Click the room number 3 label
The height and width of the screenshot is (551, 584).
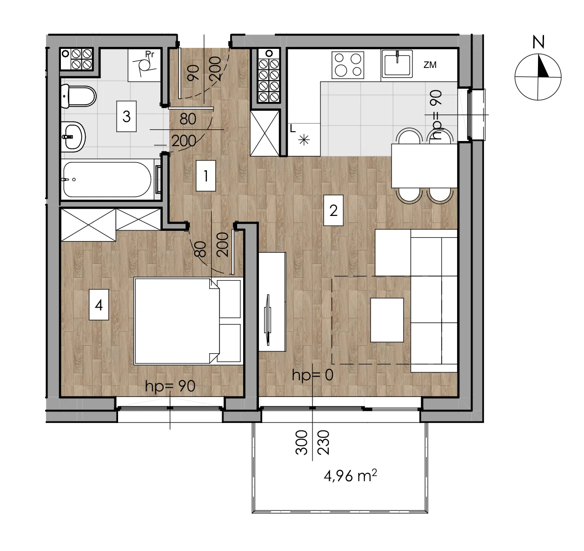pos(126,116)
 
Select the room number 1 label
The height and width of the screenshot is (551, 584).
pos(206,176)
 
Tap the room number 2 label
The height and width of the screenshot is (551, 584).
pos(333,210)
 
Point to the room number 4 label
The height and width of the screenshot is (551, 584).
pos(99,305)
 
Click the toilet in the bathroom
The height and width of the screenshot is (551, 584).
pos(79,96)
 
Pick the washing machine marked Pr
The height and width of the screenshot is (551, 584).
pos(145,65)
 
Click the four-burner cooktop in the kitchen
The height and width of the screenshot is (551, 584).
pos(348,65)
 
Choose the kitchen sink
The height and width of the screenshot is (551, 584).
pos(397,63)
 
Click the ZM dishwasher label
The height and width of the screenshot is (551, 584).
pos(430,65)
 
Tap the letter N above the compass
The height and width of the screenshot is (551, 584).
pos(538,42)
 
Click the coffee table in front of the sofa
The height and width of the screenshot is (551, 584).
pos(387,320)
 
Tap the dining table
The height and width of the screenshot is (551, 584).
pos(425,166)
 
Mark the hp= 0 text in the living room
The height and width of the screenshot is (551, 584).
pos(312,375)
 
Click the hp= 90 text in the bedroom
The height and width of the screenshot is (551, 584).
pos(170,386)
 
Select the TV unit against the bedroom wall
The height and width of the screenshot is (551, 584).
pos(272,302)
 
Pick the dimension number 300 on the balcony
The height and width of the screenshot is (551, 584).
pos(301,443)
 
